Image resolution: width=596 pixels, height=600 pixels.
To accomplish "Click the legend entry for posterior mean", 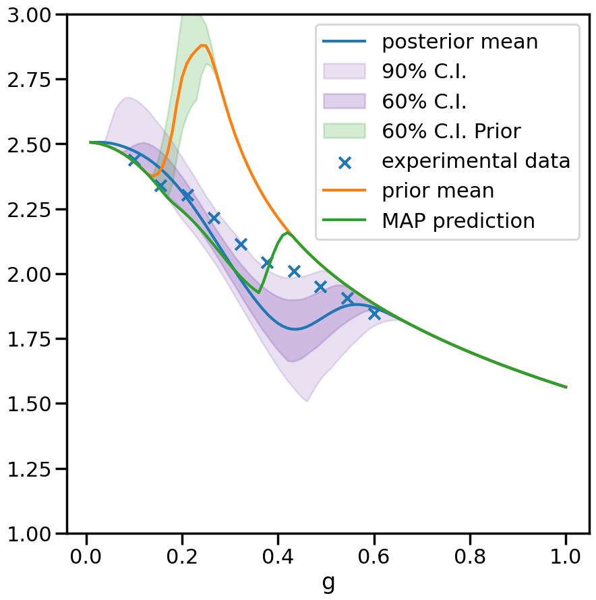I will pyautogui.click(x=460, y=42).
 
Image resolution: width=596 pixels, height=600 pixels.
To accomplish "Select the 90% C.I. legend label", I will pyautogui.click(x=424, y=71).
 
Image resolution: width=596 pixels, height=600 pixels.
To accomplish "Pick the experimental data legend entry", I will pyautogui.click(x=476, y=161).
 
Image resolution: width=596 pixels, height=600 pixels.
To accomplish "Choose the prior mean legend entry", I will pyautogui.click(x=438, y=191).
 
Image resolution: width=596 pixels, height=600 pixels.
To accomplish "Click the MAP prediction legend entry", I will pyautogui.click(x=458, y=220).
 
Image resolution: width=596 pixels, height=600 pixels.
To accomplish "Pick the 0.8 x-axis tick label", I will pyautogui.click(x=470, y=558).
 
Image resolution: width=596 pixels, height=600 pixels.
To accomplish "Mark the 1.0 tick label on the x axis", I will pyautogui.click(x=566, y=558).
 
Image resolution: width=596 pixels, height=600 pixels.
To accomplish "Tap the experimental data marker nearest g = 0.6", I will pyautogui.click(x=374, y=313).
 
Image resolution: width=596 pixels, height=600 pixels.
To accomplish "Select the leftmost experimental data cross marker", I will pyautogui.click(x=134, y=159).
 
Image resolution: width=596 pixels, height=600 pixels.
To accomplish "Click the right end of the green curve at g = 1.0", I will pyautogui.click(x=566, y=387).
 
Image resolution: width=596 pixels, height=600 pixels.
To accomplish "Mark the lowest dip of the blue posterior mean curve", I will pyautogui.click(x=295, y=329).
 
